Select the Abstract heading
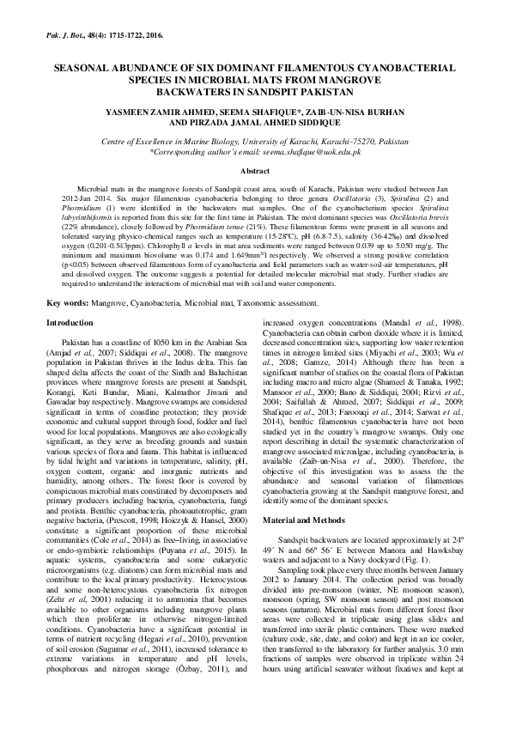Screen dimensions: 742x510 (255, 172)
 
